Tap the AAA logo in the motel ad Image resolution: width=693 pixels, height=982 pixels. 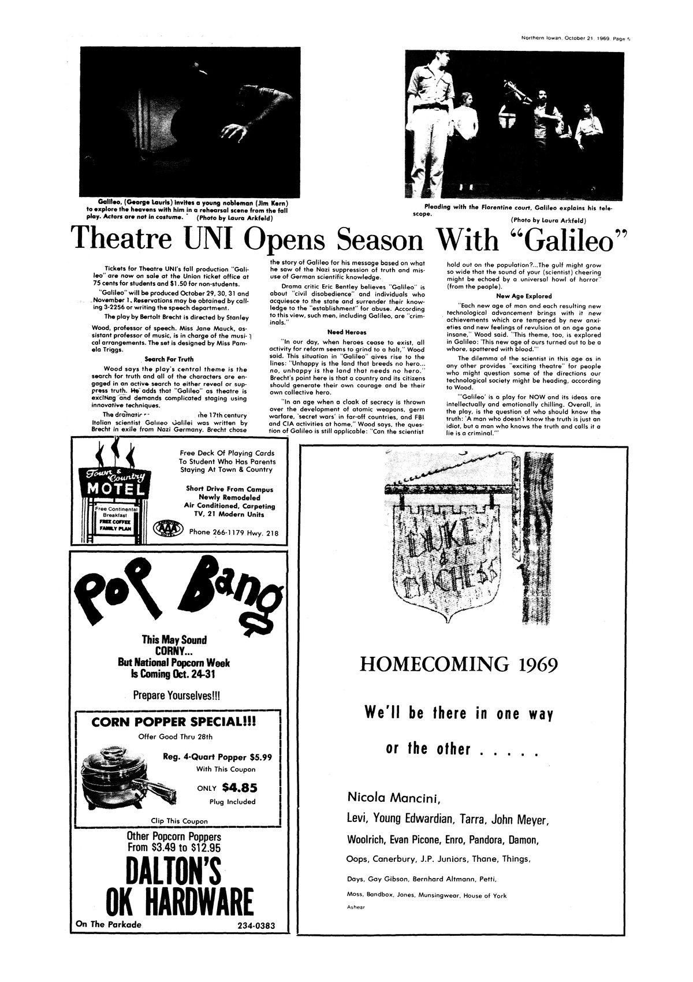pyautogui.click(x=167, y=529)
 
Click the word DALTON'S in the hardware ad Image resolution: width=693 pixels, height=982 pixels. pyautogui.click(x=173, y=872)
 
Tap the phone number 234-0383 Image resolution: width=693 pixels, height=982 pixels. pyautogui.click(x=255, y=925)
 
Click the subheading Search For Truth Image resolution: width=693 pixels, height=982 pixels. pyautogui.click(x=169, y=359)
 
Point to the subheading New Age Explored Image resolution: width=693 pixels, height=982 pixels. pyautogui.click(x=516, y=296)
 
